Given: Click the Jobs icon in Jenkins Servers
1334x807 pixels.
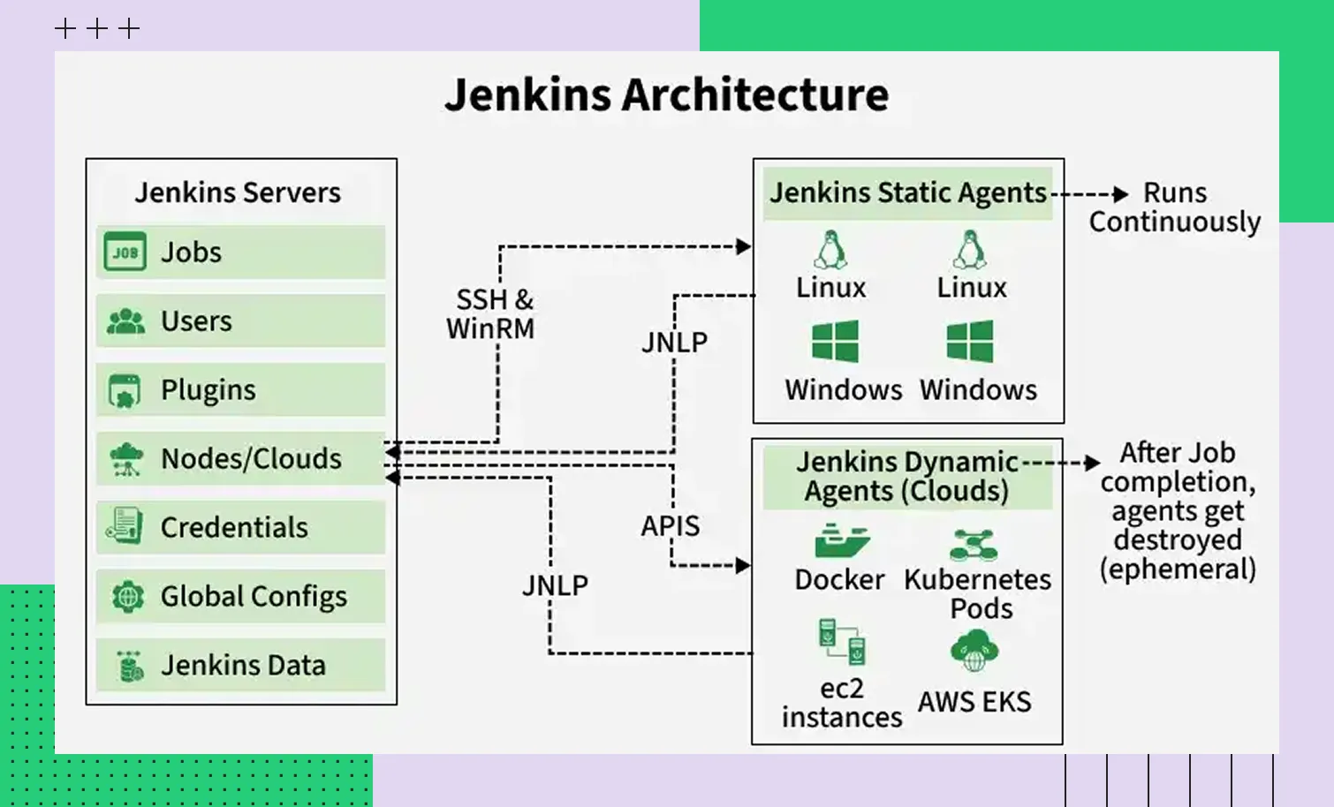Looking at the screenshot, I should pyautogui.click(x=125, y=253).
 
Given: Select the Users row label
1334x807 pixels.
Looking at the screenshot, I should pyautogui.click(x=196, y=321).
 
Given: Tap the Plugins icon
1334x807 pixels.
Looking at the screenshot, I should pyautogui.click(x=125, y=390).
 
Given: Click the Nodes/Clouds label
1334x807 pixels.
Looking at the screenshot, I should pyautogui.click(x=251, y=459).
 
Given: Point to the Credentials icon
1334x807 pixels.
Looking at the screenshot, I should pyautogui.click(x=125, y=526).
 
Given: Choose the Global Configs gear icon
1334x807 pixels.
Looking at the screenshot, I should pyautogui.click(x=127, y=597).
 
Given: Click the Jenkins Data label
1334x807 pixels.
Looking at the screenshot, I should pyautogui.click(x=243, y=666).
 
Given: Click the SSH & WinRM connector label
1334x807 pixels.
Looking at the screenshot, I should pyautogui.click(x=491, y=314).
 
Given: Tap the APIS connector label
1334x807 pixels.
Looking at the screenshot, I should pyautogui.click(x=671, y=526).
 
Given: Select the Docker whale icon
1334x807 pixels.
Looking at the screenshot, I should pyautogui.click(x=841, y=540).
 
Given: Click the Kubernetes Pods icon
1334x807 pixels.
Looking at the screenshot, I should pyautogui.click(x=974, y=545).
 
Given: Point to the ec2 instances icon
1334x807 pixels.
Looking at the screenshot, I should pyautogui.click(x=841, y=643).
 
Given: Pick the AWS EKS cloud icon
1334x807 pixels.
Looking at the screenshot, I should pyautogui.click(x=974, y=652).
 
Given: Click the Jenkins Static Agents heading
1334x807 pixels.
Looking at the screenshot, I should pyautogui.click(x=907, y=192).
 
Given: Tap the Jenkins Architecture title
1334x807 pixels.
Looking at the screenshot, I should pyautogui.click(x=666, y=95).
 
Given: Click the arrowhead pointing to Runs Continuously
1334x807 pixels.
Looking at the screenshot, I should pyautogui.click(x=1121, y=194).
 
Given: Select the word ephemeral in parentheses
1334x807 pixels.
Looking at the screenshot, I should pyautogui.click(x=1178, y=569).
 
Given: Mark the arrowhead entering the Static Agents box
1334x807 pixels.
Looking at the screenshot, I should pyautogui.click(x=744, y=246).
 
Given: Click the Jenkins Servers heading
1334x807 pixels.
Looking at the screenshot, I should pyautogui.click(x=238, y=192).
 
